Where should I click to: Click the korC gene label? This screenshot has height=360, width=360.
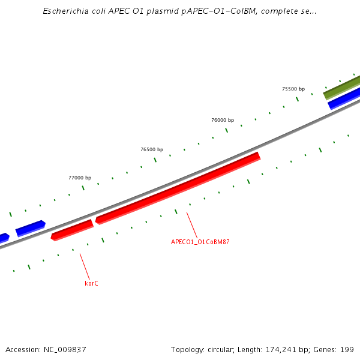(91, 283)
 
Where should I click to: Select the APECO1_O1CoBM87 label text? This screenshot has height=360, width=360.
(200, 242)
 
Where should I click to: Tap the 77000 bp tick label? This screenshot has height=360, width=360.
(80, 178)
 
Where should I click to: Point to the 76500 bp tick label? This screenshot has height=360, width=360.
(152, 149)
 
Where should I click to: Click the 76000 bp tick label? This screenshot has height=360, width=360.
(223, 120)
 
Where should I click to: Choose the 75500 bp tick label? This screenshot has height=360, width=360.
(293, 89)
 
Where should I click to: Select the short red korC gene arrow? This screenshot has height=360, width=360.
(72, 230)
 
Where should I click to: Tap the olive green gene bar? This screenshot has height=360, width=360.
(342, 87)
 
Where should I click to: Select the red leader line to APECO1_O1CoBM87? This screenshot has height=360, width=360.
(191, 224)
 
